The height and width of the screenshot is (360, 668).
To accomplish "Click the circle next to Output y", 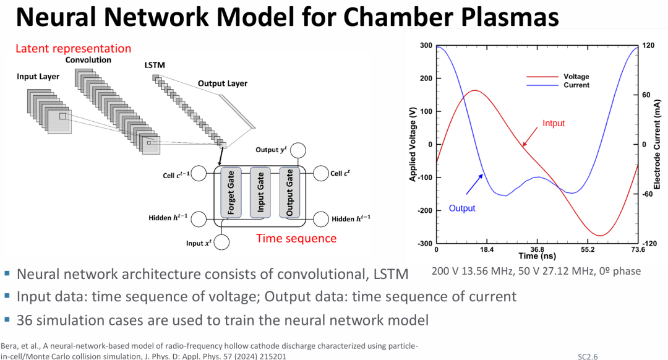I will (298, 150).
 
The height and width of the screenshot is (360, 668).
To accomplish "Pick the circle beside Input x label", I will (223, 243).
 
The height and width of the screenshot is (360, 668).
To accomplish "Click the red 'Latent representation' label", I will (73, 48).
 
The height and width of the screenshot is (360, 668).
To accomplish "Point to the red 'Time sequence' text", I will (296, 238).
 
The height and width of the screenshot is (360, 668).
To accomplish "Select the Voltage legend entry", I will (576, 77).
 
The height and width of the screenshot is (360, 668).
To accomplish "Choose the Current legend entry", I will (576, 85).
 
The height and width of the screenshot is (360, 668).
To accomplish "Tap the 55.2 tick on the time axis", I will (587, 250).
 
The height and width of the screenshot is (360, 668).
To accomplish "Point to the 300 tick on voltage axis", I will (426, 46).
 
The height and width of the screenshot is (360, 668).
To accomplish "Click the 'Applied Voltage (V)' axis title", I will (413, 144).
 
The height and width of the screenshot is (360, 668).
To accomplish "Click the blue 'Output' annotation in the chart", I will (462, 208).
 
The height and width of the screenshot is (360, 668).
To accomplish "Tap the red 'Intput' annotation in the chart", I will (554, 123).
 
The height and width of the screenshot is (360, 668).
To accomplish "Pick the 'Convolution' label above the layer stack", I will (88, 60).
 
